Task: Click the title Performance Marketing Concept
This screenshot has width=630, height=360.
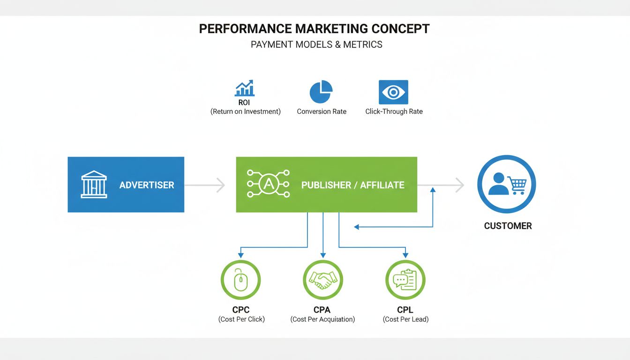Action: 314,29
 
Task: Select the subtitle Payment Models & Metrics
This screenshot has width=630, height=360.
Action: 316,45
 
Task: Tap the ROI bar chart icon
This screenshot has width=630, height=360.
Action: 245,88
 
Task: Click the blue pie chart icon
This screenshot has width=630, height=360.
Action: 321,91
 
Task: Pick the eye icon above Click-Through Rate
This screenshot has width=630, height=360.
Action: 393,92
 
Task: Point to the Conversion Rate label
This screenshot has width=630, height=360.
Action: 322,112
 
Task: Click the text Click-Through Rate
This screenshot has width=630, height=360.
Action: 394,112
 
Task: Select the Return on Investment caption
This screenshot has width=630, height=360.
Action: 245,112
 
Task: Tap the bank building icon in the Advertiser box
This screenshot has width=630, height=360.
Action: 94,184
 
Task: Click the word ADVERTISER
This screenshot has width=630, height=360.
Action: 147,185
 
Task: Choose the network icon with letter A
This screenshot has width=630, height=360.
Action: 268,184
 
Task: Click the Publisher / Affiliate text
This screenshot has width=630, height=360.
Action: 352,185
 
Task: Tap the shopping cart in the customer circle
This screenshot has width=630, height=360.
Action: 517,185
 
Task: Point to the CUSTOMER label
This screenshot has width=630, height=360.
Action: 508,226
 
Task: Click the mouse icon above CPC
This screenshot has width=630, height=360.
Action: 240,280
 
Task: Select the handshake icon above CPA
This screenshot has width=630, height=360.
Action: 322,280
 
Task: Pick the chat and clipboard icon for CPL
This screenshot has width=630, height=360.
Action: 405,280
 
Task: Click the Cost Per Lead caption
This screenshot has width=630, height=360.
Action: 405,319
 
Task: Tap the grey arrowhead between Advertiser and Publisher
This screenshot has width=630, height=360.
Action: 220,185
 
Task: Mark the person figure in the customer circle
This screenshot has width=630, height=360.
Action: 498,184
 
